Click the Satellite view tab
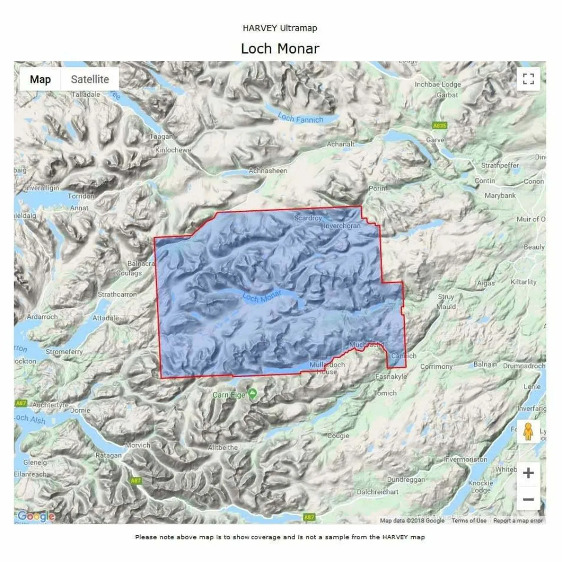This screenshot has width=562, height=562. (90, 79)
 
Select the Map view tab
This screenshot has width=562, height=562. (40, 79)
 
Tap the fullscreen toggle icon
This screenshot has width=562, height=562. (528, 79)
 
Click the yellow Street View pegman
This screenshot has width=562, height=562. (528, 432)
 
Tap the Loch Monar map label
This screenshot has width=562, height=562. (262, 297)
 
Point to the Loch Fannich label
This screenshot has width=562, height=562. (300, 118)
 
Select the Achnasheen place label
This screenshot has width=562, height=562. (268, 171)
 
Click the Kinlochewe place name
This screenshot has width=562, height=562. (173, 150)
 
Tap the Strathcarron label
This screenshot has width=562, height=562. (117, 294)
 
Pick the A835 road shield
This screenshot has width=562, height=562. (440, 126)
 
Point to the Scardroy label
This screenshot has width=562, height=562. (308, 218)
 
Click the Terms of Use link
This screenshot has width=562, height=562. (468, 521)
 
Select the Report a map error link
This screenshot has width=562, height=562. (518, 521)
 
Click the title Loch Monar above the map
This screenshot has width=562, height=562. (280, 48)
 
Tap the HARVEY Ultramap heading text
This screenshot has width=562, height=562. (280, 28)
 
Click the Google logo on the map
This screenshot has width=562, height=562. (36, 516)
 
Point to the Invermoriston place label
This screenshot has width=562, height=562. (465, 459)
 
